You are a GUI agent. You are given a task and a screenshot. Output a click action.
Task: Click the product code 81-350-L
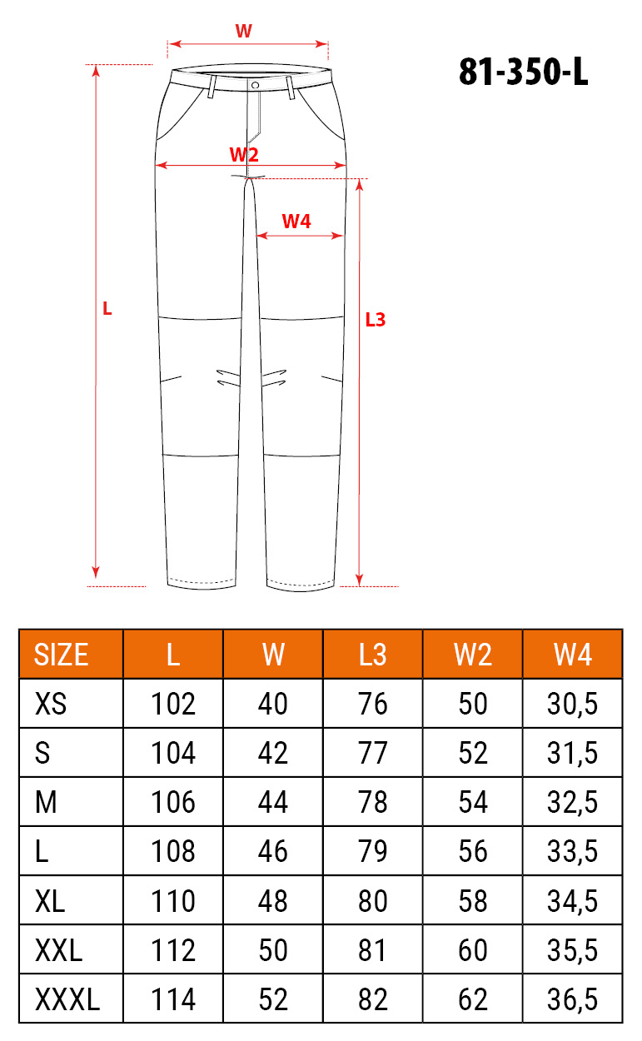[x=524, y=72]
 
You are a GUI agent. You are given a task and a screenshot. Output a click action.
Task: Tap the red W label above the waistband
[x=243, y=31]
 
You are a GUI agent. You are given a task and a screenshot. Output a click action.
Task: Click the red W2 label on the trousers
[x=244, y=154]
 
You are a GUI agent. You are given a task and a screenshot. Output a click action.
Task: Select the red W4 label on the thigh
[x=296, y=222]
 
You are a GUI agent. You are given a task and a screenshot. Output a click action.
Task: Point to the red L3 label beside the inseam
[x=376, y=320]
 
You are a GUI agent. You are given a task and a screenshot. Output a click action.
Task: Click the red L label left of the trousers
[x=107, y=309]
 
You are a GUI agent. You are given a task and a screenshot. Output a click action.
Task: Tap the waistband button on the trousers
[x=255, y=85]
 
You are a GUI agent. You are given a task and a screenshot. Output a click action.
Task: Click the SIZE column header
[x=61, y=655]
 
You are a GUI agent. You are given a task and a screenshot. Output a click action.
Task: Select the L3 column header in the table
[x=372, y=655]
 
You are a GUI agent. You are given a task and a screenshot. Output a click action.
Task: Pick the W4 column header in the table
[x=572, y=655]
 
